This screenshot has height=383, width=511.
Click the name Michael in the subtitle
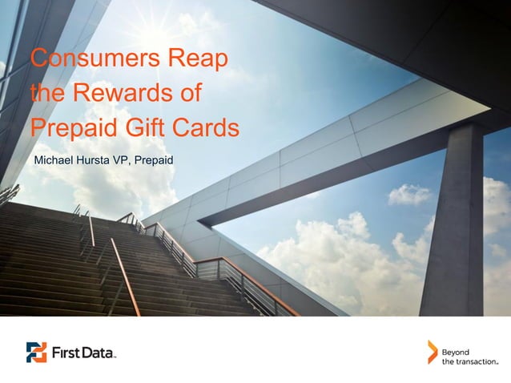(x=54, y=163)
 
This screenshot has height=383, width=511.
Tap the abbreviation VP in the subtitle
(x=127, y=163)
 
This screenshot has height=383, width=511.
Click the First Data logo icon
(x=37, y=352)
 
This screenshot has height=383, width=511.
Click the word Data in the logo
(x=99, y=352)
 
